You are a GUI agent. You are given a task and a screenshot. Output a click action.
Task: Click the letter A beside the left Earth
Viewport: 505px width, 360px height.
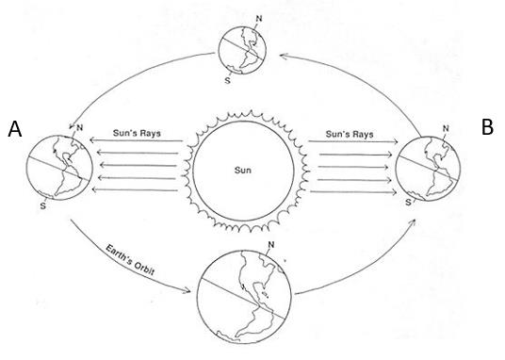(15, 129)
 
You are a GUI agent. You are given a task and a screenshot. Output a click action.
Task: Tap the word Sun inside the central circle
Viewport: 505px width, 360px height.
(243, 170)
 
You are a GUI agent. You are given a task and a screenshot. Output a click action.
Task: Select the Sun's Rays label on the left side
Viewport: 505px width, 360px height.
(137, 133)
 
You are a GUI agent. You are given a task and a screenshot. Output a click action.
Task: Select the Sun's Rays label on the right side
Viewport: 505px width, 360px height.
(350, 134)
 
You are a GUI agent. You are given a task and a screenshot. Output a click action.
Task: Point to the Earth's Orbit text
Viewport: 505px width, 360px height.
(130, 260)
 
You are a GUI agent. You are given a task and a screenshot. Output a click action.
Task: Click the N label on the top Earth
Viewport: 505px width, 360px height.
(258, 19)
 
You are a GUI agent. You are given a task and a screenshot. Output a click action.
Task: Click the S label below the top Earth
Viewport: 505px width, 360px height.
(228, 80)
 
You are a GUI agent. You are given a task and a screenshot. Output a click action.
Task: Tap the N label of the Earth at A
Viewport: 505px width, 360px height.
(79, 128)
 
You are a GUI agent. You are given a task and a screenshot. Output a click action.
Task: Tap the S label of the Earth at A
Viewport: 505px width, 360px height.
(43, 205)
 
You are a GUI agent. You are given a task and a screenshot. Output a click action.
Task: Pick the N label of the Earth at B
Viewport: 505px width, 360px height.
(446, 128)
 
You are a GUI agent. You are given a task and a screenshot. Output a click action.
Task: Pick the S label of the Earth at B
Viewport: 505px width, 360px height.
(408, 203)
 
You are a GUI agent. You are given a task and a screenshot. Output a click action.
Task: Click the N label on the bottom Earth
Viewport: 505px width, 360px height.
(271, 245)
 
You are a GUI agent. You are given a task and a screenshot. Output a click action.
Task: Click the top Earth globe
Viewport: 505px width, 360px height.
(242, 51)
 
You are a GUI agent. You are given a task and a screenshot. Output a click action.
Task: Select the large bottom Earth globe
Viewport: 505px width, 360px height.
(244, 296)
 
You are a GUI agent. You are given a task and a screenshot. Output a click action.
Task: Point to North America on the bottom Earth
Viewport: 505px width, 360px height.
(257, 274)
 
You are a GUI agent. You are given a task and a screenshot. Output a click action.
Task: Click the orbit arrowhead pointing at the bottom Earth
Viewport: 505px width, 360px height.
(187, 291)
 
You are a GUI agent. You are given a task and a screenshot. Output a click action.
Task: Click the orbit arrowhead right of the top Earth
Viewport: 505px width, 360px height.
(284, 57)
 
